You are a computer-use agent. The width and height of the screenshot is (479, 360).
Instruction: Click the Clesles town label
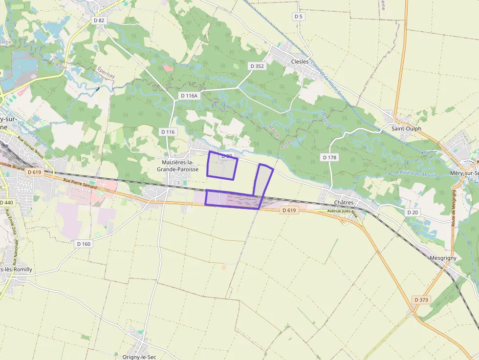click(x=300, y=62)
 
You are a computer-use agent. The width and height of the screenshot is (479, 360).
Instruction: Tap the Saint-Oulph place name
click(x=406, y=128)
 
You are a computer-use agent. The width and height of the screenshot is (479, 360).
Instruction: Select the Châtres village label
click(x=344, y=202)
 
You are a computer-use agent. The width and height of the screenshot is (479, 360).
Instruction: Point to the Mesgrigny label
click(x=442, y=257)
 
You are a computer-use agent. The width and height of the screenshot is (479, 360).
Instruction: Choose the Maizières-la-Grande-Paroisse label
click(x=177, y=166)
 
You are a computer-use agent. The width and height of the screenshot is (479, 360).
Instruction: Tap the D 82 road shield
click(x=99, y=20)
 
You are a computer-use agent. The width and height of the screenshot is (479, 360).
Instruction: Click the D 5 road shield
click(x=299, y=17)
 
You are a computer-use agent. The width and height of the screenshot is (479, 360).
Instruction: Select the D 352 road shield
click(x=257, y=66)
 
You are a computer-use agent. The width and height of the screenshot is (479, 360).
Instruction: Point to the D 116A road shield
click(x=189, y=96)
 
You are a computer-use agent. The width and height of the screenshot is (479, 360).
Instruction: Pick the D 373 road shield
click(x=421, y=299)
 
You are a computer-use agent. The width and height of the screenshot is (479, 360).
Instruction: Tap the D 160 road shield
click(x=84, y=243)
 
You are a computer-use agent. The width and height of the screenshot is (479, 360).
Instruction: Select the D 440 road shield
click(x=6, y=202)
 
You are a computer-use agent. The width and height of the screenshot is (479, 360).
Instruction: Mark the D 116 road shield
click(x=168, y=132)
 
